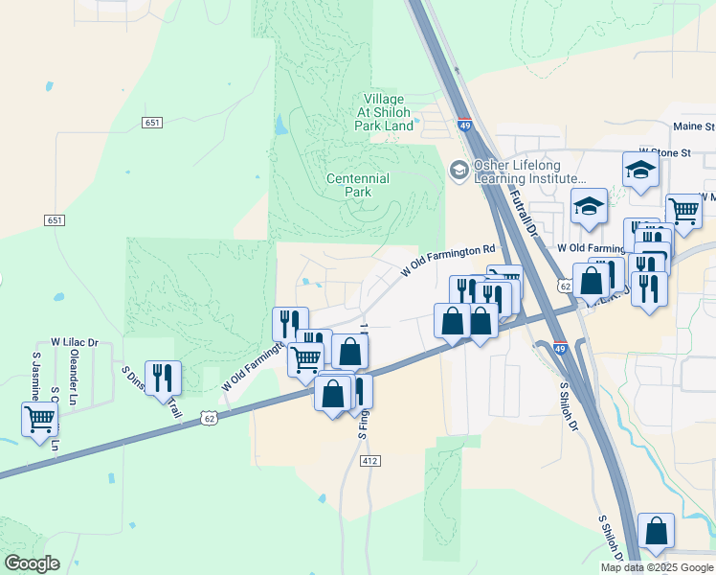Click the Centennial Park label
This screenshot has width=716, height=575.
tap(358, 185)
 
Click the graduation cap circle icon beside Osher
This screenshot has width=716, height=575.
tap(459, 170)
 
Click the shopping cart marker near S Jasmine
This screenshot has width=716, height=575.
tap(39, 419)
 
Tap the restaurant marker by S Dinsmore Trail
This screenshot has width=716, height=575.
tap(163, 377)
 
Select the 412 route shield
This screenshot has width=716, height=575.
tap(370, 461)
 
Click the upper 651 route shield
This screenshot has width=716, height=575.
tap(151, 123)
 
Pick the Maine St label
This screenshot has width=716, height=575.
tap(693, 126)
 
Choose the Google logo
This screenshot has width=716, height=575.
tap(32, 563)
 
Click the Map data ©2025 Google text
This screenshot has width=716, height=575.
tap(657, 567)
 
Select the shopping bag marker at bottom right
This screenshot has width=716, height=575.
tap(656, 531)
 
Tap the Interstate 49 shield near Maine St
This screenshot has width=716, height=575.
tap(464, 126)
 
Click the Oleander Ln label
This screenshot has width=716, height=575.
tap(73, 364)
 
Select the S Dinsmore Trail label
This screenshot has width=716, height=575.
tap(151, 391)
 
